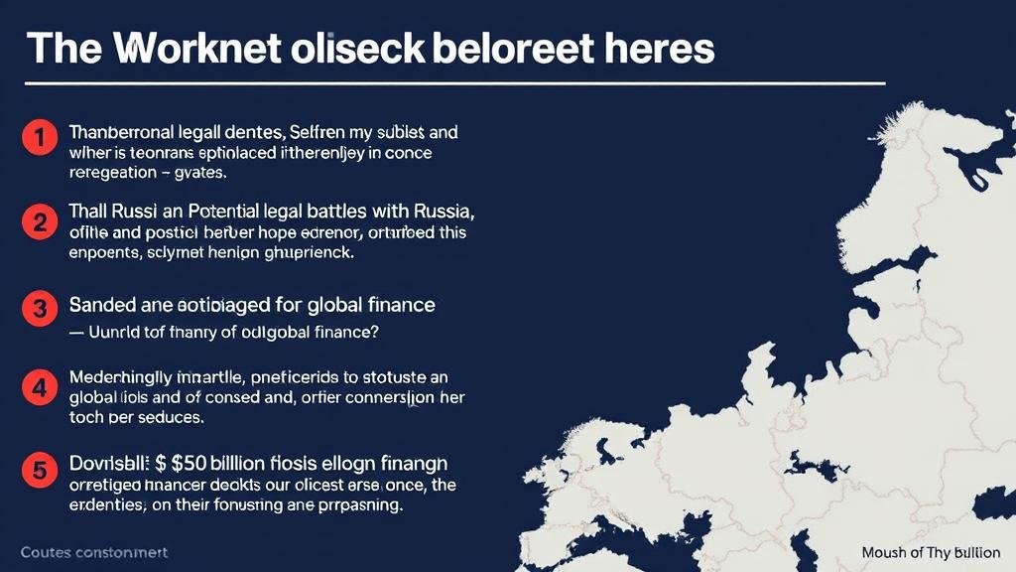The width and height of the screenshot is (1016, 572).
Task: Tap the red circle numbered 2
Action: pyautogui.click(x=39, y=221)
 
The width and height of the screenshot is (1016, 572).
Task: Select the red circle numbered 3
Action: pyautogui.click(x=39, y=309)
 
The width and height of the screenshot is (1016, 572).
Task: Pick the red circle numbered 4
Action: pyautogui.click(x=39, y=387)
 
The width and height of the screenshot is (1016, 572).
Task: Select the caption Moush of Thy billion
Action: pyautogui.click(x=931, y=552)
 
